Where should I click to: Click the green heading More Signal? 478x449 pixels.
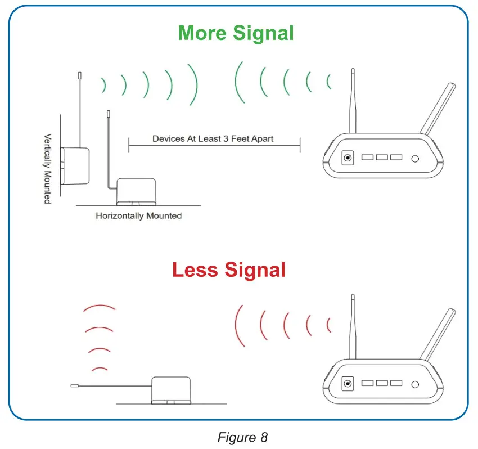(x=236, y=33)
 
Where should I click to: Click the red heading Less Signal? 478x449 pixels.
(x=229, y=270)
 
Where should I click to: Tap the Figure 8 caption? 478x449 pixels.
(x=242, y=437)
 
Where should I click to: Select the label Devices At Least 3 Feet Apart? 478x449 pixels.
(x=213, y=138)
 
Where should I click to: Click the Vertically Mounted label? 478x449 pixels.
(x=48, y=168)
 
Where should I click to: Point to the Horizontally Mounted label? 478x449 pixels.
(x=138, y=215)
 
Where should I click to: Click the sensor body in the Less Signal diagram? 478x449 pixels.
(x=172, y=389)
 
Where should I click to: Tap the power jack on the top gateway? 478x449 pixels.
(x=348, y=159)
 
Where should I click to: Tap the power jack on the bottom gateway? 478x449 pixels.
(x=348, y=384)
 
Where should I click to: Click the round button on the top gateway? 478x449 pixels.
(x=415, y=159)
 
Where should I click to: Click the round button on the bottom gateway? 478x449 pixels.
(x=415, y=384)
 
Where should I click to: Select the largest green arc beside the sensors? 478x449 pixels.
(x=194, y=83)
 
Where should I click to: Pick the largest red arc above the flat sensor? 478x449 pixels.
(x=99, y=308)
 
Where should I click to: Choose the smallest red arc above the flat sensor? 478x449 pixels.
(x=100, y=369)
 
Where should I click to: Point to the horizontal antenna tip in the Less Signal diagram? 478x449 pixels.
(x=74, y=386)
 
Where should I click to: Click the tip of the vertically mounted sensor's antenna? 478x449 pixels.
(x=79, y=74)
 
